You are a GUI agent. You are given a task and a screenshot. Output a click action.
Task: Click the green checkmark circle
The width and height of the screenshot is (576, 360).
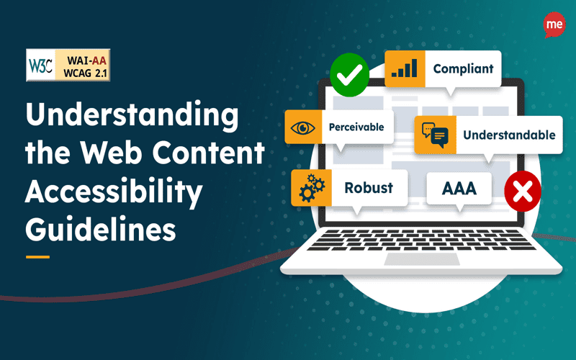click(x=348, y=74)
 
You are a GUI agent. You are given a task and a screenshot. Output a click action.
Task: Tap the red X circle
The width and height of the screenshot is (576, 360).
click(x=523, y=191)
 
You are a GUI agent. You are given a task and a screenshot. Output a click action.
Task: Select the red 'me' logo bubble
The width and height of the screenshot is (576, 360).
click(x=554, y=23)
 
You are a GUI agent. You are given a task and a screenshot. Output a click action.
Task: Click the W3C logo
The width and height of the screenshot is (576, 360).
click(x=41, y=64)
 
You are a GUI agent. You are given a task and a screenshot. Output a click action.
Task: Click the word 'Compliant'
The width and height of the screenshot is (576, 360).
click(x=463, y=69)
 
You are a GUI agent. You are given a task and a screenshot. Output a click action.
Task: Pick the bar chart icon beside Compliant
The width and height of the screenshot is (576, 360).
click(x=404, y=69)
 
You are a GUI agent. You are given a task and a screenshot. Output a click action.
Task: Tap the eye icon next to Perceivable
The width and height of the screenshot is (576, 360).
click(x=303, y=128)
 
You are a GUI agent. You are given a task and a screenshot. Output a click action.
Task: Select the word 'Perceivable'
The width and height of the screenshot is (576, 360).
click(x=356, y=128)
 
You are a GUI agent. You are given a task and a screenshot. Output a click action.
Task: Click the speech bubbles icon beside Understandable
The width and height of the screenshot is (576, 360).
click(x=435, y=135)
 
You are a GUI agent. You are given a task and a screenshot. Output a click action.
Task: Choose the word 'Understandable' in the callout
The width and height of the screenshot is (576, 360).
click(x=509, y=135)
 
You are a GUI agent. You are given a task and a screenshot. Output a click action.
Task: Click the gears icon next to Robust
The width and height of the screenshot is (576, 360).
click(x=310, y=189)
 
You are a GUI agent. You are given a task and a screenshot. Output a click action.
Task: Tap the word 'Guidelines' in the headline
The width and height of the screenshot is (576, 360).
click(x=100, y=230)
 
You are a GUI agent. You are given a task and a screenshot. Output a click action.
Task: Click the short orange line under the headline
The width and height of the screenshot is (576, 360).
click(x=37, y=256)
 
